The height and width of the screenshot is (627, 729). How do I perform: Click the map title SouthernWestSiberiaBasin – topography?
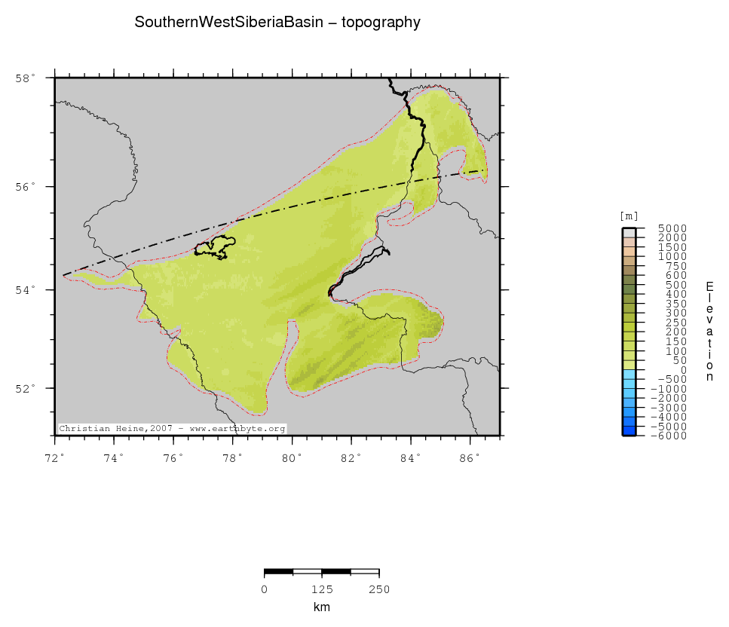click(277, 23)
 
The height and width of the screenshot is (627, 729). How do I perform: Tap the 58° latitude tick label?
click(26, 78)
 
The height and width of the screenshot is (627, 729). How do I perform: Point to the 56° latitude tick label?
click(26, 187)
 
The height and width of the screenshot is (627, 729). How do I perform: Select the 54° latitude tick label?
click(26, 290)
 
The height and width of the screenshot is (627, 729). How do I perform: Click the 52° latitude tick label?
click(26, 389)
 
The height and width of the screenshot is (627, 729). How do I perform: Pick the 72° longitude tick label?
click(55, 457)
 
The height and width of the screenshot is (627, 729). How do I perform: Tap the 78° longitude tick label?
click(232, 457)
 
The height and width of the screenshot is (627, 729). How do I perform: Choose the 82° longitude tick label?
click(351, 457)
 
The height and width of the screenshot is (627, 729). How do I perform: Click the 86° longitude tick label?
click(470, 457)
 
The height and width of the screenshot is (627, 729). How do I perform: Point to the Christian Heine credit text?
click(173, 428)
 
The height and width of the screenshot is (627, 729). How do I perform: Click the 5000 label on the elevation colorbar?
click(672, 228)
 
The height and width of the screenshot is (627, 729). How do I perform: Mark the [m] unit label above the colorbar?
click(629, 216)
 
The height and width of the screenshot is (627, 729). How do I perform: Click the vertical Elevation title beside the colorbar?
click(709, 331)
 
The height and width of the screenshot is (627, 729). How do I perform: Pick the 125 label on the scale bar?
click(321, 589)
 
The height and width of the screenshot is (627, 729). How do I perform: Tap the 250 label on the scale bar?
click(378, 589)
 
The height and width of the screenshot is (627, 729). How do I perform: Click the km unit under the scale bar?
click(321, 607)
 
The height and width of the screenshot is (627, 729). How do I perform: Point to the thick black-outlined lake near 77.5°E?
click(215, 247)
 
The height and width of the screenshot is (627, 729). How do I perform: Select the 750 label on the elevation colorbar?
click(675, 266)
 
